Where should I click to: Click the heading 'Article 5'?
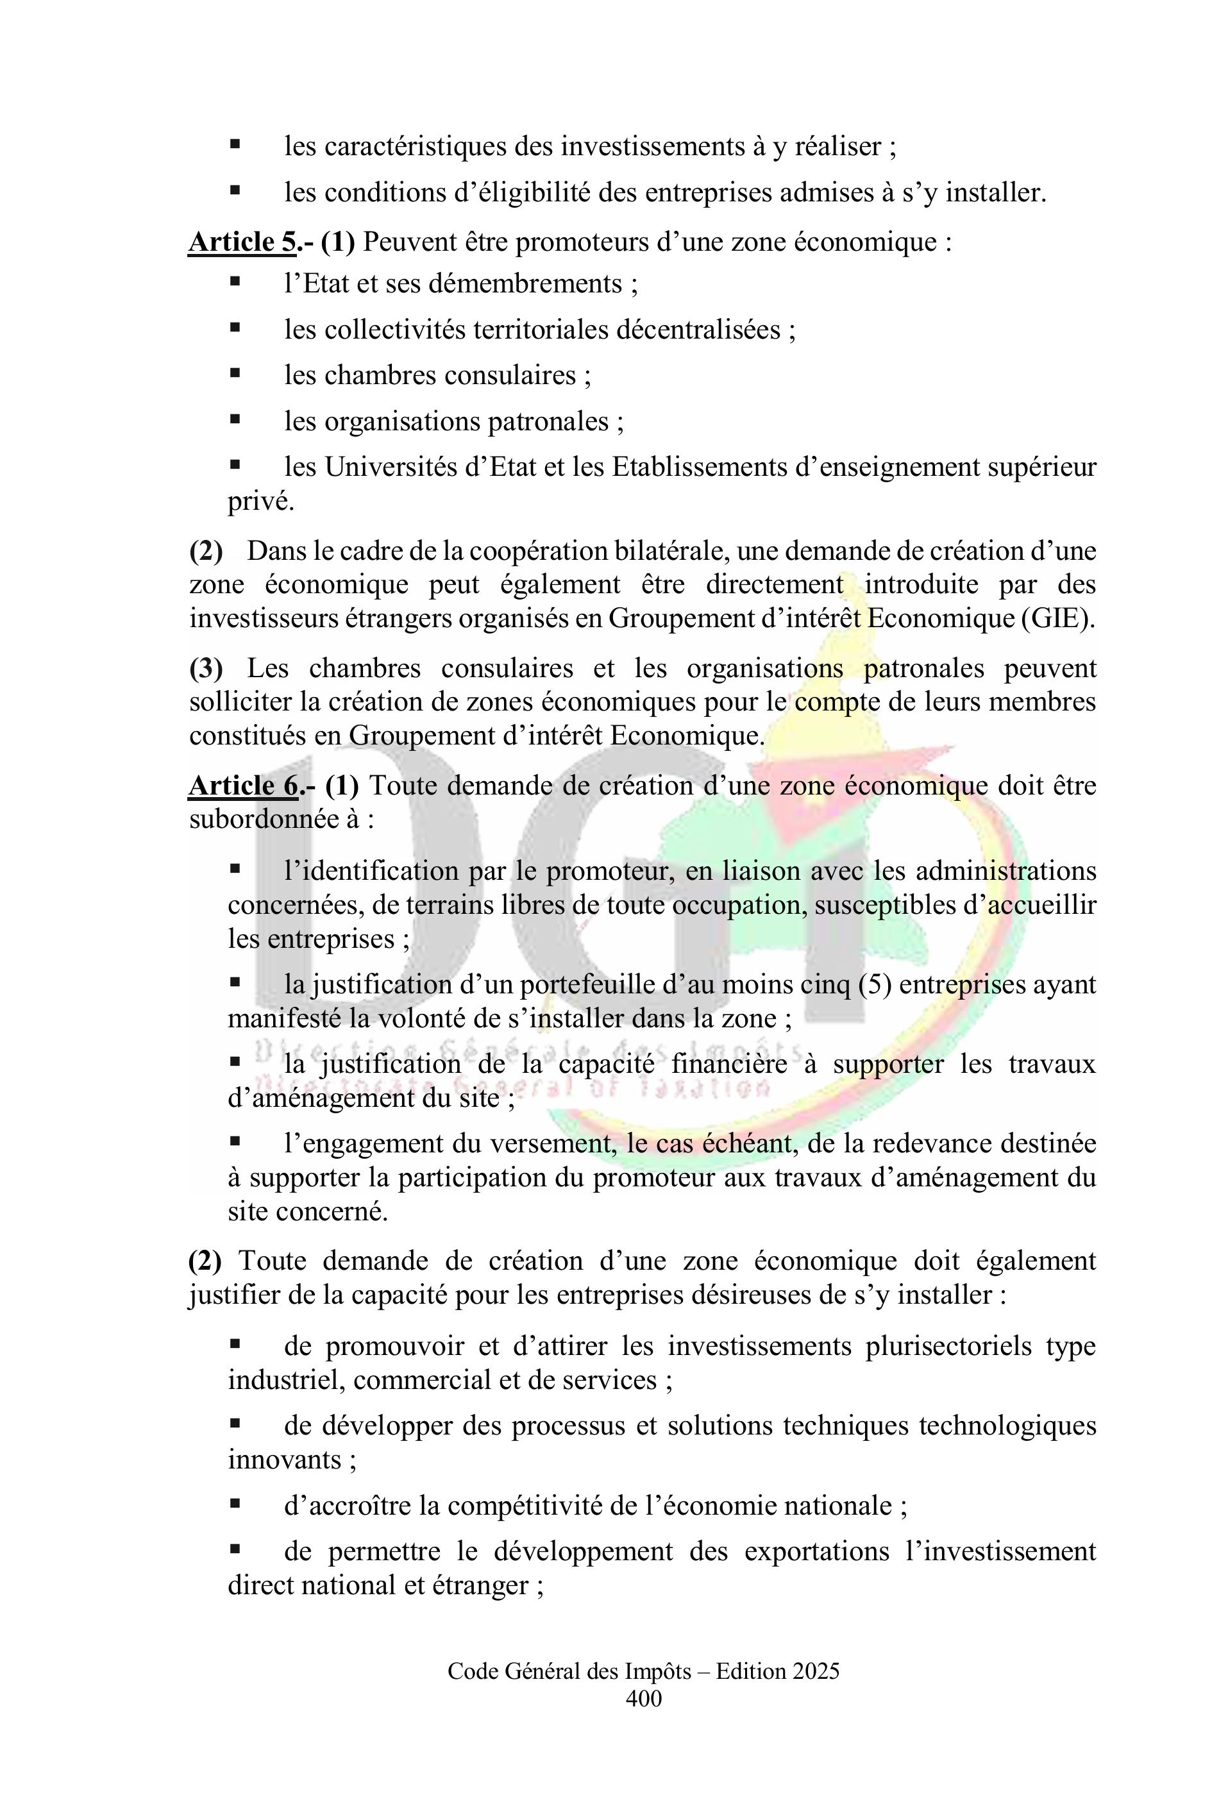point(242,242)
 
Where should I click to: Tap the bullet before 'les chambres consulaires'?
point(235,374)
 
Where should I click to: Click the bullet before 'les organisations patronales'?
point(235,420)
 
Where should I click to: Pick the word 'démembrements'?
point(525,285)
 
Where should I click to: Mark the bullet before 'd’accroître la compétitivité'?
point(235,1504)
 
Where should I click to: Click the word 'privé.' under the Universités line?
point(261,501)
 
